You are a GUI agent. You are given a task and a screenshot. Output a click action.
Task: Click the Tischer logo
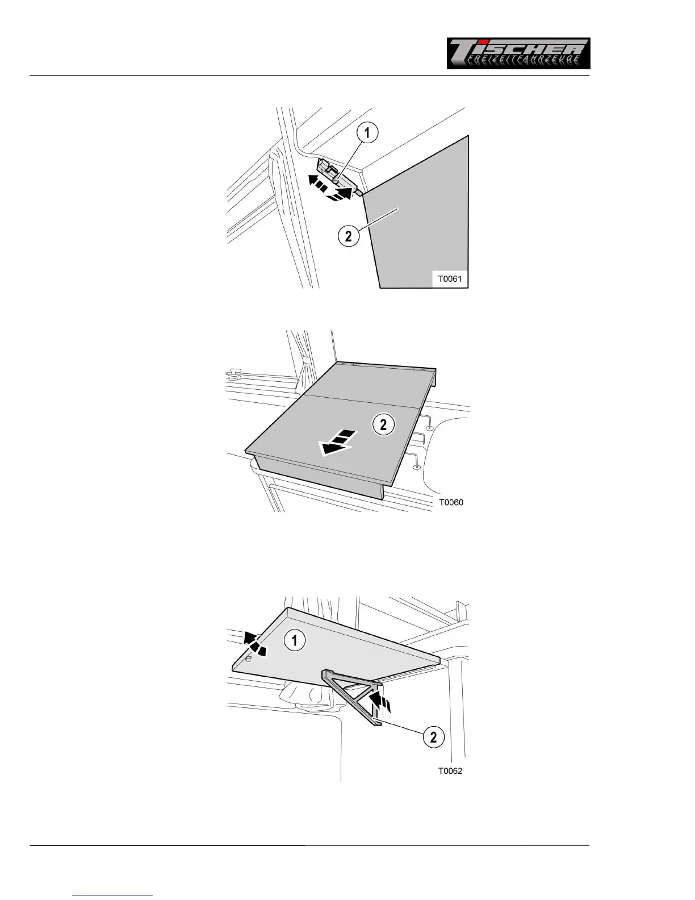coord(518,53)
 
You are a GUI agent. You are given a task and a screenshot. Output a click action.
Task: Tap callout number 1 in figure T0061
coord(367,133)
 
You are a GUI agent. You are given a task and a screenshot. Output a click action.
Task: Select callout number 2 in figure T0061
coord(349,235)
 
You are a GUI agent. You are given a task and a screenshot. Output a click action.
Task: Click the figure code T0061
coord(449,279)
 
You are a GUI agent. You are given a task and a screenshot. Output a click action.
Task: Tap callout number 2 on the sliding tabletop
coord(383,424)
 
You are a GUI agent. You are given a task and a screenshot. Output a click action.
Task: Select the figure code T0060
coord(451,502)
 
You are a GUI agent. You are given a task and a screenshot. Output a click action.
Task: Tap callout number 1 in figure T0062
coord(294,641)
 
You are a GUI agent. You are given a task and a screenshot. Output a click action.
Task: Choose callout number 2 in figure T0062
coord(433,738)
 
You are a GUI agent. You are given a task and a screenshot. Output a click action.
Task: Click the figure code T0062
coord(450,771)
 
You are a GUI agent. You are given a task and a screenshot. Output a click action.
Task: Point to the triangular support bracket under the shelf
coord(352,696)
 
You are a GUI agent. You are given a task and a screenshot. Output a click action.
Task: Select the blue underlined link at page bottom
coord(113,895)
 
